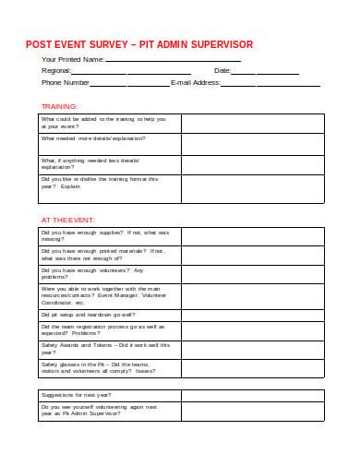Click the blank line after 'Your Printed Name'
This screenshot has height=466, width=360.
point(174,60)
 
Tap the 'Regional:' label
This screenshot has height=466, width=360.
point(57,71)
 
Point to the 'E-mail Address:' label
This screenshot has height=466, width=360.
point(196,82)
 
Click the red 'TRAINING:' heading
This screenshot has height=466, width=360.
point(60,105)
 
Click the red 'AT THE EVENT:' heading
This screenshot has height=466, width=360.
point(66,220)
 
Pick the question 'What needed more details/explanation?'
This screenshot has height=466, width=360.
point(93,138)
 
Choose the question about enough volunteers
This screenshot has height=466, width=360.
point(92,274)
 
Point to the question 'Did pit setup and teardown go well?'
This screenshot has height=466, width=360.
point(89,314)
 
